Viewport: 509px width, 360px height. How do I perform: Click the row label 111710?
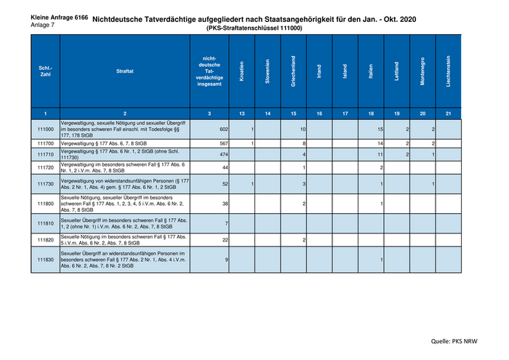click(x=45, y=155)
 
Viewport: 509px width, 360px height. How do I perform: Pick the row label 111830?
click(x=45, y=260)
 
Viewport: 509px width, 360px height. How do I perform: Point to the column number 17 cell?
click(x=345, y=113)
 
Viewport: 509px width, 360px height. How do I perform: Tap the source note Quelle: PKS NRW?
click(x=462, y=340)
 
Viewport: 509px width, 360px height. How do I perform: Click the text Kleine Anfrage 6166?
click(x=59, y=16)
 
